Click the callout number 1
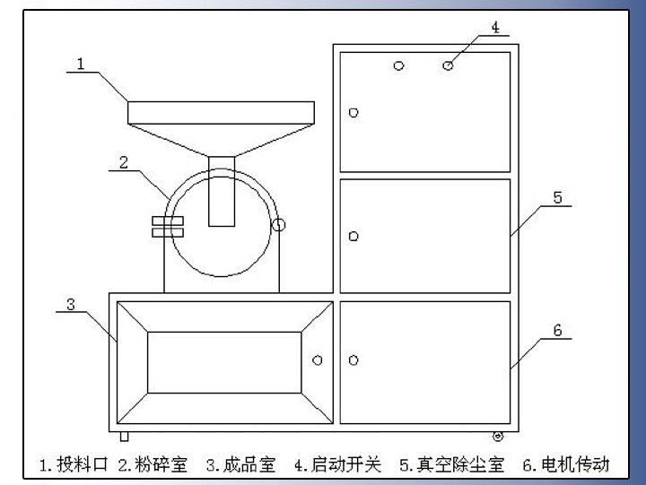[x=81, y=63]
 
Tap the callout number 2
[x=124, y=162]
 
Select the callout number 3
[x=71, y=304]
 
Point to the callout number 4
[x=494, y=28]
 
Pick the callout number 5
[x=557, y=198]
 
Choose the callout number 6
[x=557, y=330]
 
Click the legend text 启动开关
[x=345, y=464]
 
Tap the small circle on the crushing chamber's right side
[x=279, y=224]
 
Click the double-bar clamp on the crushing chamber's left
[x=168, y=226]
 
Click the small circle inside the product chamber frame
[x=317, y=359]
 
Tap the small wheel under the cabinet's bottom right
[x=498, y=437]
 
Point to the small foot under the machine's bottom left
[x=125, y=436]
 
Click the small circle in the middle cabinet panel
[x=354, y=236]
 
